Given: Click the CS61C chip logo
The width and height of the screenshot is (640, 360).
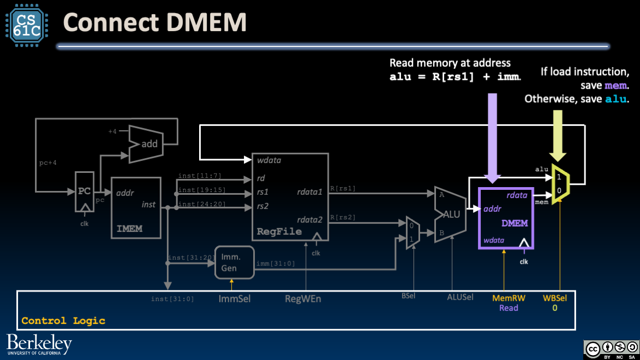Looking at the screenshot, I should (x=27, y=25).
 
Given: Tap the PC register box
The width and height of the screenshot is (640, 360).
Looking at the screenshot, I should (x=84, y=192).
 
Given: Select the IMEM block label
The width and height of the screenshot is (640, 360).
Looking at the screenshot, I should (x=130, y=228).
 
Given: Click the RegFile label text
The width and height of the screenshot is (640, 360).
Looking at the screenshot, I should (x=279, y=231).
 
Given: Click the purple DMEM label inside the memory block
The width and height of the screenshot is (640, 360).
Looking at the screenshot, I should (x=514, y=223).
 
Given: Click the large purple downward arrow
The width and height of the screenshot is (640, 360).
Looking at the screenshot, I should (x=492, y=137).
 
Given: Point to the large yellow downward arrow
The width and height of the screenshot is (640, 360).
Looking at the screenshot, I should (x=558, y=137).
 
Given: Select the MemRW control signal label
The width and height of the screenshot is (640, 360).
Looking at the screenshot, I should (x=509, y=298).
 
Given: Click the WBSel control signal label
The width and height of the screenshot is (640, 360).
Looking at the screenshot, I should (x=555, y=298).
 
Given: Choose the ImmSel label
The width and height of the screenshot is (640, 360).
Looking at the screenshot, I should (x=234, y=299).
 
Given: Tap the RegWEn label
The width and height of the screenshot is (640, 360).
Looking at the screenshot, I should (x=303, y=299).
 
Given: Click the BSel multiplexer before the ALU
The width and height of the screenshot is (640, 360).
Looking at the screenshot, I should (x=412, y=234).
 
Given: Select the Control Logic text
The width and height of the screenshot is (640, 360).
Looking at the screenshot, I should (x=63, y=321).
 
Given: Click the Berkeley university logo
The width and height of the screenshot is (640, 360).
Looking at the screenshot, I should (x=39, y=345).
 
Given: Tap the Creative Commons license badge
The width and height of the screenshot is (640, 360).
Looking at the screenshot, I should (x=610, y=349).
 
